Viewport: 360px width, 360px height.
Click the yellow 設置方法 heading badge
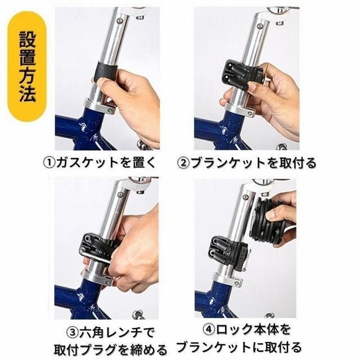point(27,66)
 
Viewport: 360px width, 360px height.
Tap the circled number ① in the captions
point(49,163)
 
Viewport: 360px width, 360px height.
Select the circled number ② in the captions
point(184,163)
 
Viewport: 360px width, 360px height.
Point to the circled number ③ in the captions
point(73,332)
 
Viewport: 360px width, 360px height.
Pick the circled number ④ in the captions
point(209,330)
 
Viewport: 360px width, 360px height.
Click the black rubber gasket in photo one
point(105,72)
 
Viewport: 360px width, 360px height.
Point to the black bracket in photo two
point(242,75)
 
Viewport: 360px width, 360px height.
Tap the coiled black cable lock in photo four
point(269,222)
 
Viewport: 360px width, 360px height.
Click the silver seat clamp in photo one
point(100,106)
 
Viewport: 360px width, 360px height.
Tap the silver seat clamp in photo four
point(228,278)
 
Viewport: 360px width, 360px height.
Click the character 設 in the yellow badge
point(28,39)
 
